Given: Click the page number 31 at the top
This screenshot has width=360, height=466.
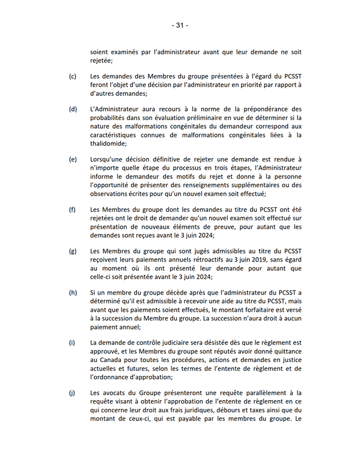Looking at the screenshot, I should (180, 25).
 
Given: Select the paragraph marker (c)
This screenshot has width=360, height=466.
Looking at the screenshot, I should (73, 76).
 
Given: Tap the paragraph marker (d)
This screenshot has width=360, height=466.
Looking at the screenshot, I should (73, 109).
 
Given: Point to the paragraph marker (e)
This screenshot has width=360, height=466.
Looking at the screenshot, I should (73, 159).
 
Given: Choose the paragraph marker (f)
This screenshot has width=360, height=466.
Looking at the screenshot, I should (73, 210).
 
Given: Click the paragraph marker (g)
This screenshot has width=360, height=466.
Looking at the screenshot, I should (73, 251).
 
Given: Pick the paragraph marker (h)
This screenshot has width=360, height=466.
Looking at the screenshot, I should (73, 293).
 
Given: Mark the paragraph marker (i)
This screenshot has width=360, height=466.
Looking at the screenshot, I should (72, 342).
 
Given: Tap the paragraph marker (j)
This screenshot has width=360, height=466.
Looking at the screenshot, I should (72, 393).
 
